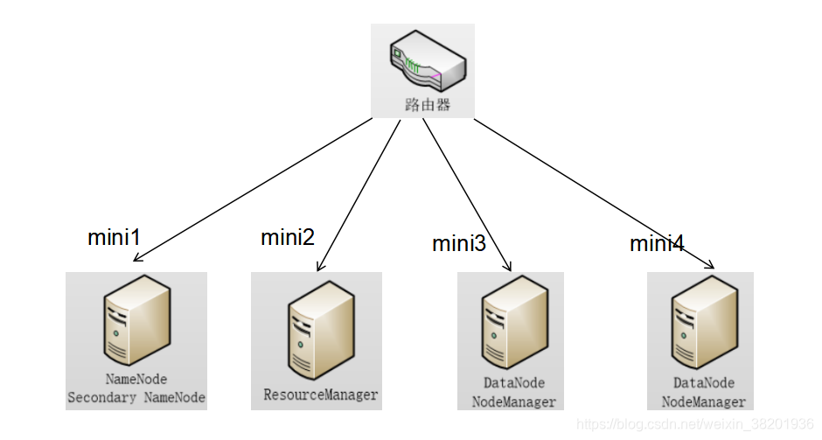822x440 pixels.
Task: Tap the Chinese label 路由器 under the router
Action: coord(426,105)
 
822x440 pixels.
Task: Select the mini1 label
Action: coord(115,237)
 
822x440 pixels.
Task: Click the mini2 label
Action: coord(288,237)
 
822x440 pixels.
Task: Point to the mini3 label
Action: coord(459,244)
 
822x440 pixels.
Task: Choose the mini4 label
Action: coord(657,244)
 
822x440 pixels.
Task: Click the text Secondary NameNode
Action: coord(136,397)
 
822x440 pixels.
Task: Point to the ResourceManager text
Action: coord(321,395)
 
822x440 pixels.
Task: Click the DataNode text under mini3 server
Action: coord(514,383)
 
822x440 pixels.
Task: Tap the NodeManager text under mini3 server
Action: coord(514,402)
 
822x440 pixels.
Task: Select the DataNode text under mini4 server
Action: coord(704,383)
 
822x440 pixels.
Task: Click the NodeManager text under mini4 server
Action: coord(704,402)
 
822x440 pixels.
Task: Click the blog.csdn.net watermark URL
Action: coord(697,424)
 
